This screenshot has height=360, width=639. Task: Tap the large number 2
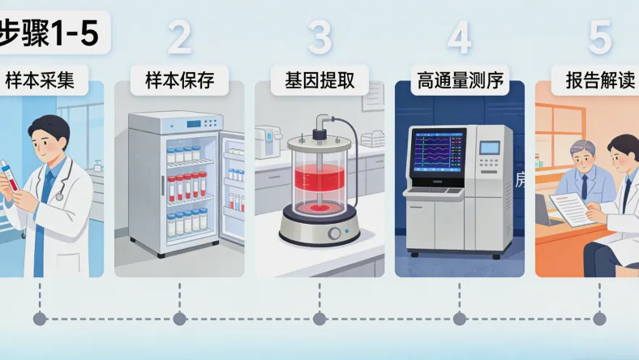click(x=179, y=37)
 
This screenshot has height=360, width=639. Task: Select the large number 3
click(x=319, y=37)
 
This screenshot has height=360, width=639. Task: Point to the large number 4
click(x=459, y=37)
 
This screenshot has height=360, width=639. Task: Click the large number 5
click(x=599, y=37)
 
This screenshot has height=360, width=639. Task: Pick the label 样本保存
click(x=179, y=81)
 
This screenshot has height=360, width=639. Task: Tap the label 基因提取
click(x=319, y=81)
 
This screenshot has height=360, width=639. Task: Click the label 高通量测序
click(x=460, y=81)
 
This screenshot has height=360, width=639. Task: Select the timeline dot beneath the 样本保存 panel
click(x=179, y=319)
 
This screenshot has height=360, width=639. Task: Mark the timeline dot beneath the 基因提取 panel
click(x=319, y=319)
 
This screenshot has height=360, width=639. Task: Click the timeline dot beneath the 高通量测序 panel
click(x=460, y=319)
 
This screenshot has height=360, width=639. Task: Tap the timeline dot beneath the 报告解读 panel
click(x=599, y=319)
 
